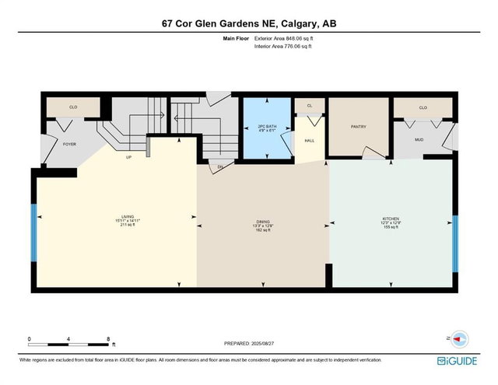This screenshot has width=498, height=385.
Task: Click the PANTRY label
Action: coord(358,127)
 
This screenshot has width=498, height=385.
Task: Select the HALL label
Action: coord(309,142)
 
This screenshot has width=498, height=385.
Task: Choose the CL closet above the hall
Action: coord(309,105)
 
